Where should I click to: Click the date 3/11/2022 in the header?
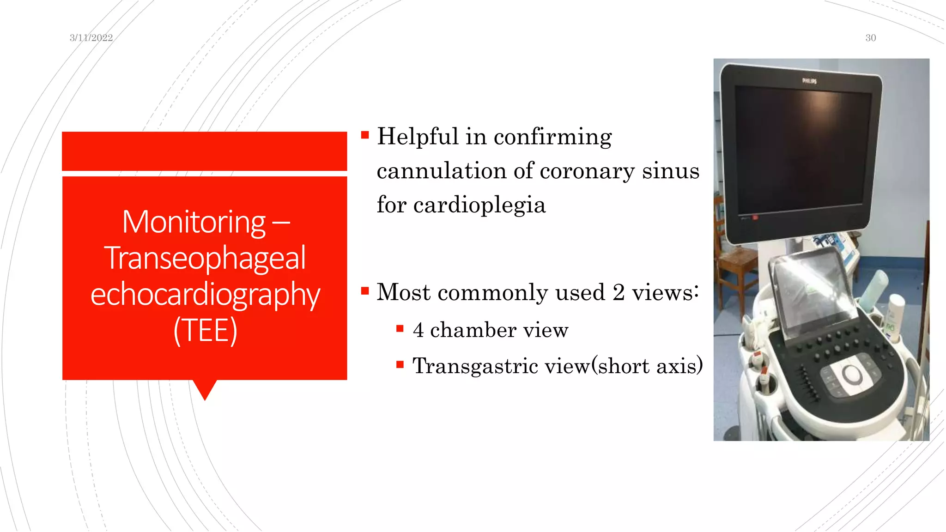tap(91, 38)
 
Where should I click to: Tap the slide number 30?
tap(870, 38)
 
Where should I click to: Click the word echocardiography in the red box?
tap(205, 294)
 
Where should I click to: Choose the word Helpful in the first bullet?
tap(418, 137)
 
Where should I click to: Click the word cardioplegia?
tap(479, 205)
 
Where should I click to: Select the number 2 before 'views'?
tap(619, 292)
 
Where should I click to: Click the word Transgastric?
tap(475, 366)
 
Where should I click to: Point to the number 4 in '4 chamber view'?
tap(418, 330)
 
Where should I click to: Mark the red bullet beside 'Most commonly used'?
tap(365, 291)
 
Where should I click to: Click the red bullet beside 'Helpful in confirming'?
tap(365, 135)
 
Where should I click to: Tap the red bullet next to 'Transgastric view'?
tap(400, 365)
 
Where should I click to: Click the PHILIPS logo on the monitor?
tap(809, 81)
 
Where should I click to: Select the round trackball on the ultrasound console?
tap(851, 374)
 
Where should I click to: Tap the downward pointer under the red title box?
tap(205, 390)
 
